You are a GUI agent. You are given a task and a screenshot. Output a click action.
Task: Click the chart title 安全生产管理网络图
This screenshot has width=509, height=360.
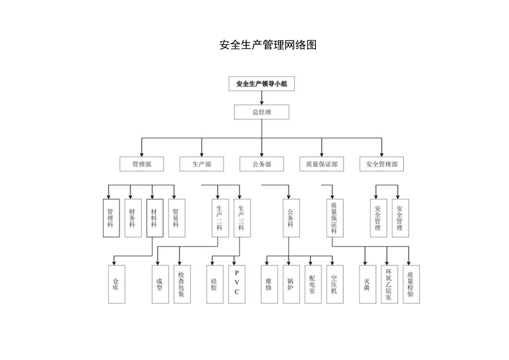[x=268, y=45]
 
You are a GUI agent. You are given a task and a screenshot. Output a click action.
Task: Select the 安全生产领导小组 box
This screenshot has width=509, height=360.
[x=262, y=84]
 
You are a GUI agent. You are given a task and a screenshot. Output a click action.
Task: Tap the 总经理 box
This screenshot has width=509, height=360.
[x=262, y=112]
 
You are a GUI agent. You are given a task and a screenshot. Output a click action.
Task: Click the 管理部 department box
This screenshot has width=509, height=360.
[x=141, y=164]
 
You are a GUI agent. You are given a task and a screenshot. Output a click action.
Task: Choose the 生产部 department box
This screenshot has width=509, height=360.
[x=201, y=164]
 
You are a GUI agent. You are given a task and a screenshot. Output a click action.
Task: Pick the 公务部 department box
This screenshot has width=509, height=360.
[x=261, y=164]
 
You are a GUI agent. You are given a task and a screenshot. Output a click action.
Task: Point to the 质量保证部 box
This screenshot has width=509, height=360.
[x=321, y=164]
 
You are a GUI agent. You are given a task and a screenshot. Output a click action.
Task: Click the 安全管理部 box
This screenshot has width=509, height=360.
[x=381, y=164]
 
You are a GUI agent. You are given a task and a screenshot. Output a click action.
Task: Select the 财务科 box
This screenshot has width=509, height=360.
[x=133, y=218]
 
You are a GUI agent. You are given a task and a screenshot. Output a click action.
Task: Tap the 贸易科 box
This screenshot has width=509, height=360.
[x=176, y=218]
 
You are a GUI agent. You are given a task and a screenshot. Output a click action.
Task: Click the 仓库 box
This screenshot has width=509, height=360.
[x=116, y=284]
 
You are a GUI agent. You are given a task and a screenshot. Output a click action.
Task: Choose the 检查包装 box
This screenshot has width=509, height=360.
[x=181, y=284]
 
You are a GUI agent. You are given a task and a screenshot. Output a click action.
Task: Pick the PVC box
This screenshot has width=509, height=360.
[x=236, y=284]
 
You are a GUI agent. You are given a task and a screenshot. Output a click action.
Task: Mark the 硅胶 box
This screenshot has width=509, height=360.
[x=214, y=284]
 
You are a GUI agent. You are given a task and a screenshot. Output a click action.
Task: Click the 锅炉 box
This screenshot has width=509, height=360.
[x=290, y=284]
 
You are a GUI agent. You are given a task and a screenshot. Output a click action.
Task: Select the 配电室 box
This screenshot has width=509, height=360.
[x=312, y=284]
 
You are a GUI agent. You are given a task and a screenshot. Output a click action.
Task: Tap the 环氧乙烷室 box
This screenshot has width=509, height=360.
[x=389, y=284]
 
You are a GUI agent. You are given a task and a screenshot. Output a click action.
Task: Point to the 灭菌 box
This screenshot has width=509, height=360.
[x=367, y=284]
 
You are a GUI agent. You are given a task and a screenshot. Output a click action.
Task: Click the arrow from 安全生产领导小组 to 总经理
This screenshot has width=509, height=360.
[x=262, y=98]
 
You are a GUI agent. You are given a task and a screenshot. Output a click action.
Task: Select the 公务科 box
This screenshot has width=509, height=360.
[x=290, y=218]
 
